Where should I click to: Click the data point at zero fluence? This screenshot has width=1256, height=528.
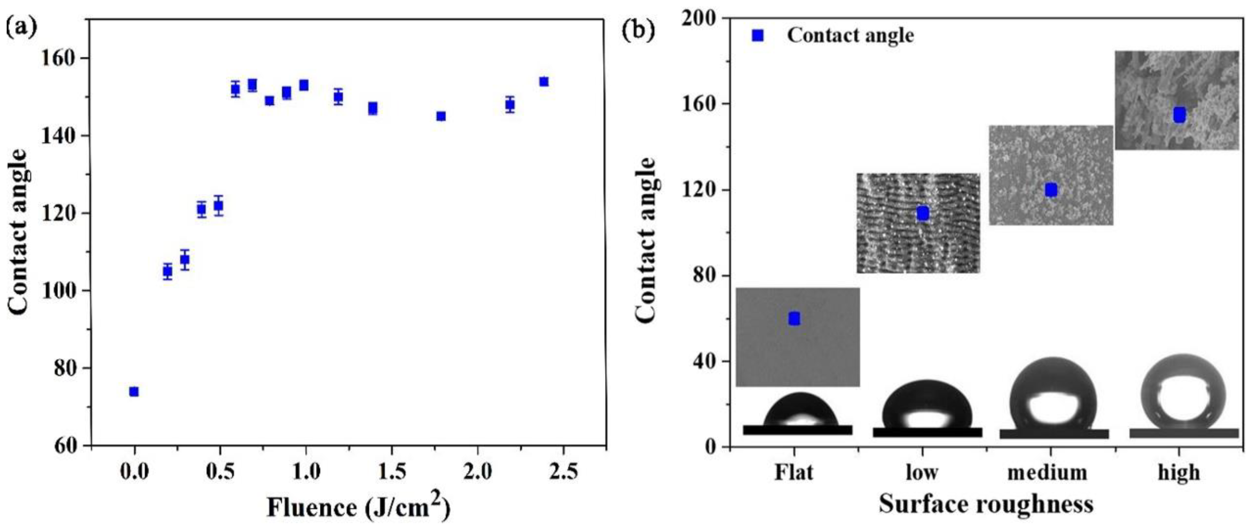[x=134, y=392]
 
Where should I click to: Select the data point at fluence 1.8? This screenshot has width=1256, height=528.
[x=441, y=116]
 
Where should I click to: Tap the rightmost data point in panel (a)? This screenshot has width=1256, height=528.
[x=544, y=82]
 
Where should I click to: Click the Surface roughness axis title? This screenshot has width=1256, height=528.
[x=986, y=504]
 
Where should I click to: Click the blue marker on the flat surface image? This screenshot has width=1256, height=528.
[x=794, y=318]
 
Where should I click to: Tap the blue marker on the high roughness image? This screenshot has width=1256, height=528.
[x=1179, y=115]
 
